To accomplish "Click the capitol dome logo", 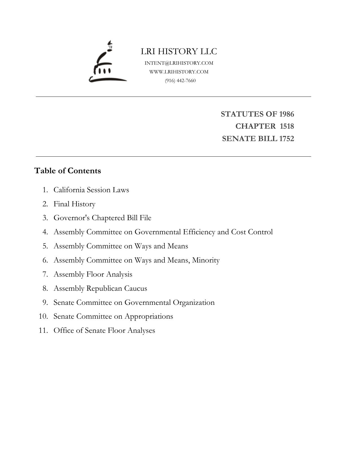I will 107,62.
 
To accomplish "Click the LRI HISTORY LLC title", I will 179,51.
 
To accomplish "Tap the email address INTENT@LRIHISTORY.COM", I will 179,63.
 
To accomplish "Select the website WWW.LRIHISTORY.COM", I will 179,72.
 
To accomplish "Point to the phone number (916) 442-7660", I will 180,80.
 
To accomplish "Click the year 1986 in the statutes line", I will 286,114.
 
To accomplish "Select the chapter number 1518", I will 287,126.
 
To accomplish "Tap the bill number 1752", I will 286,139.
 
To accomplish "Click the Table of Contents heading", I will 68,171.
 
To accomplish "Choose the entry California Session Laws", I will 91,190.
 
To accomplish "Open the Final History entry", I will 74,204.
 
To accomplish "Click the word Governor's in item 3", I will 71,218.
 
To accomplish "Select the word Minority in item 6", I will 206,260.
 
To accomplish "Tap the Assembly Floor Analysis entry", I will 93,274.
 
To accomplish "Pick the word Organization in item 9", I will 194,302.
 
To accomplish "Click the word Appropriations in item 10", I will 149,316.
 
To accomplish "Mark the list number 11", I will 43,330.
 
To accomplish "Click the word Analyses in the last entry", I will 141,330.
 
